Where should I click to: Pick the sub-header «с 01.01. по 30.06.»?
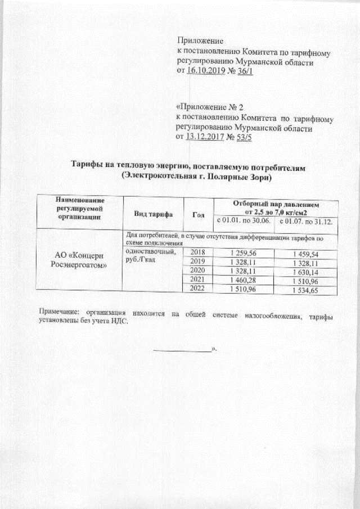click(244, 222)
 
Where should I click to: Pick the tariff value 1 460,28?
click(243, 280)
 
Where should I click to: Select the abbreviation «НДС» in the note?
click(119, 322)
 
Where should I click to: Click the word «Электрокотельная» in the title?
click(160, 177)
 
